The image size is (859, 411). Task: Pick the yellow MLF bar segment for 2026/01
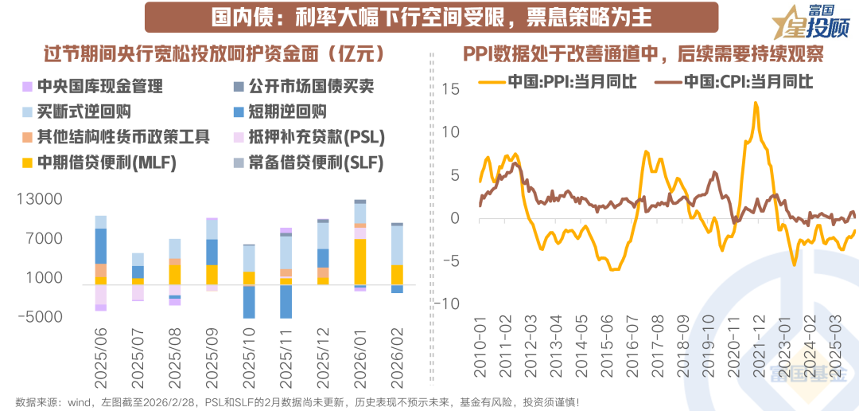click(360, 261)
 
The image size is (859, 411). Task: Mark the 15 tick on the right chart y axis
click(452, 89)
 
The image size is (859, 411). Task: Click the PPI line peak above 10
click(755, 104)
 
